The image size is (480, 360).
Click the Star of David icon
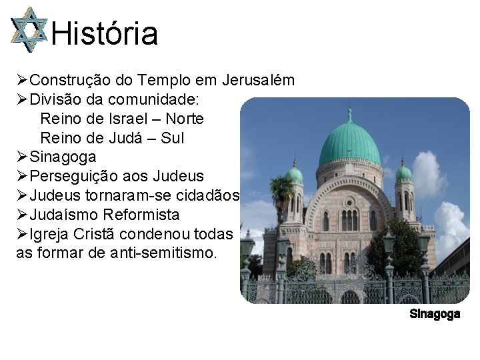click(29, 30)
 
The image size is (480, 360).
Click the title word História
click(105, 33)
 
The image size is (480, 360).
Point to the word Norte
click(185, 119)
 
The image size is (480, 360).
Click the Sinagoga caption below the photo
click(435, 314)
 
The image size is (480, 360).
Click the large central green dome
click(349, 143)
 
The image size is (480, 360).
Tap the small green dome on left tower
click(294, 174)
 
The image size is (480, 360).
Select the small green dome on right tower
click(404, 173)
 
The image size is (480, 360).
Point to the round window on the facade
click(349, 201)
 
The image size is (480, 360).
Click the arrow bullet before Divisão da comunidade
click(22, 100)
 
